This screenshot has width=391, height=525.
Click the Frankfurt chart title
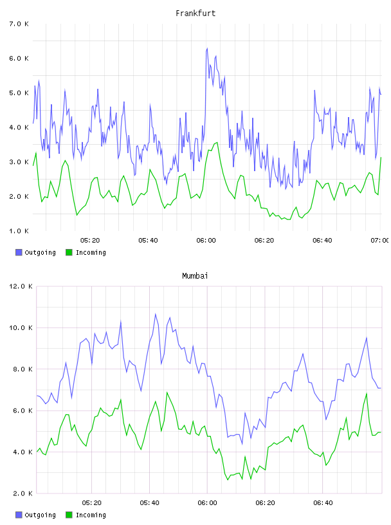[195, 14]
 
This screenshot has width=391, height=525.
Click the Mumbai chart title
[195, 276]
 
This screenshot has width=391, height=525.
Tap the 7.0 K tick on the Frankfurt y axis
[19, 24]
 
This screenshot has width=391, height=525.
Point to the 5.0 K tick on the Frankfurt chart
[19, 93]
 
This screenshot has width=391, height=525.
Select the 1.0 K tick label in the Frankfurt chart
[19, 231]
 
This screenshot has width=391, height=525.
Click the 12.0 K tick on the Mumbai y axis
[21, 286]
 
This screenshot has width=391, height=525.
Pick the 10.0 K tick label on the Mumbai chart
[21, 327]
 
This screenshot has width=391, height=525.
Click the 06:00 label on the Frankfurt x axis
[206, 241]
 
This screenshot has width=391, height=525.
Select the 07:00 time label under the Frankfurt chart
[380, 241]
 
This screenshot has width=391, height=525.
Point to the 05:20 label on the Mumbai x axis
[92, 503]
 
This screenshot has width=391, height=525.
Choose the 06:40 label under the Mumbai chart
[323, 503]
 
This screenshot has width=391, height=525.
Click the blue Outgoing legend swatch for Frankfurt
[19, 252]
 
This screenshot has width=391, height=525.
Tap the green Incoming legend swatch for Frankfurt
[69, 252]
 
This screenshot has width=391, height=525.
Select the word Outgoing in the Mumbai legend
[40, 515]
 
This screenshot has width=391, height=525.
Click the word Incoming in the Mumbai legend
[91, 515]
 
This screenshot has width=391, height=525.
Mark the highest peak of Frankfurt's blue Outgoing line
[207, 48]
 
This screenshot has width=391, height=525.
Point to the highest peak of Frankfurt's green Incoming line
[217, 143]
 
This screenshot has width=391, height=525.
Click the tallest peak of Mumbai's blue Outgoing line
[156, 314]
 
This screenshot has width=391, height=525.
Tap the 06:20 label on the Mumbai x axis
[265, 503]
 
